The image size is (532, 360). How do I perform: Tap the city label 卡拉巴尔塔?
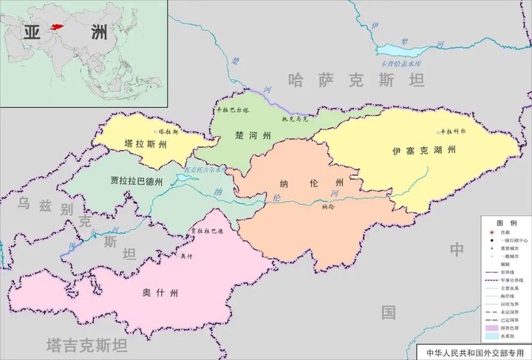click(233, 109)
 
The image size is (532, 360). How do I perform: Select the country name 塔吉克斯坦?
click(86, 345)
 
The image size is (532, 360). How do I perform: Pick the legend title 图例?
click(505, 223)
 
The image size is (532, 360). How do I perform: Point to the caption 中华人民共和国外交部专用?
click(474, 352)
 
